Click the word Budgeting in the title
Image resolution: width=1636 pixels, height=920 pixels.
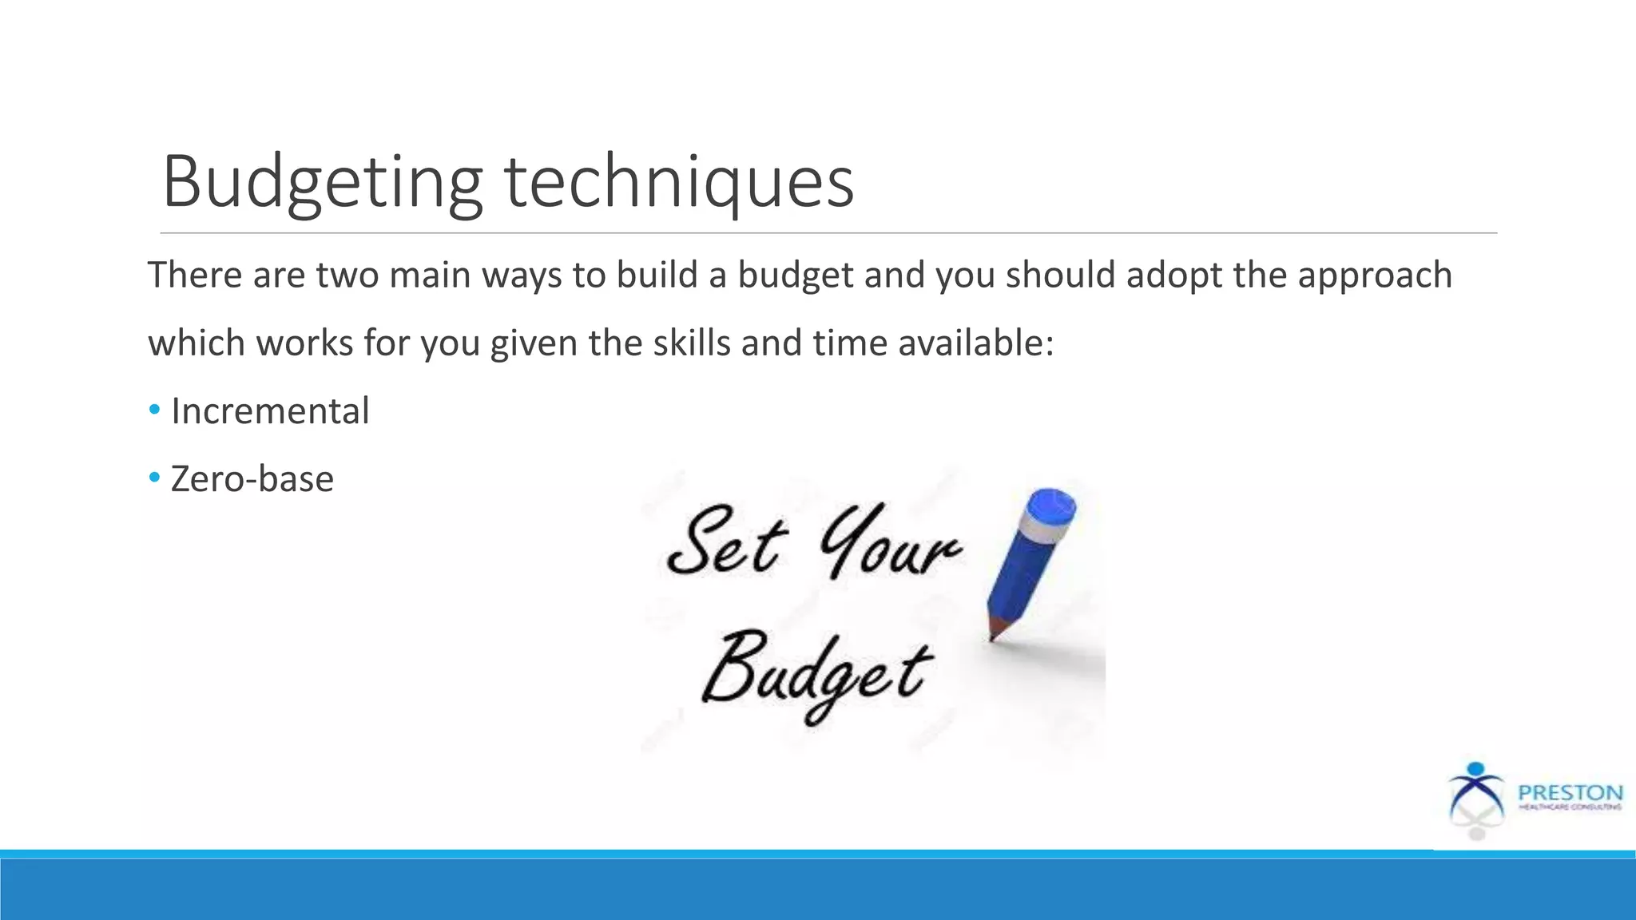click(322, 182)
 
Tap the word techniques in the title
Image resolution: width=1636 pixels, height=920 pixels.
click(679, 182)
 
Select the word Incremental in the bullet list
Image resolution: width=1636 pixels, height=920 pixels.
click(270, 411)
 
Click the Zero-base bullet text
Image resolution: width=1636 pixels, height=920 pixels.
click(252, 479)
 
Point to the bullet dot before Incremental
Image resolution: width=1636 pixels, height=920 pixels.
click(154, 410)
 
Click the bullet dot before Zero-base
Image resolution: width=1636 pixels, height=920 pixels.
click(154, 478)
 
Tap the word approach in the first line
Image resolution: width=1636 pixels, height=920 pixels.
click(1374, 276)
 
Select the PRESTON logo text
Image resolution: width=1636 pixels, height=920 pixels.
click(1570, 793)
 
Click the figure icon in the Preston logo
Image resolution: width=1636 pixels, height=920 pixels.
click(1475, 799)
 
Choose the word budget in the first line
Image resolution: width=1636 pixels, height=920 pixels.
click(796, 276)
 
